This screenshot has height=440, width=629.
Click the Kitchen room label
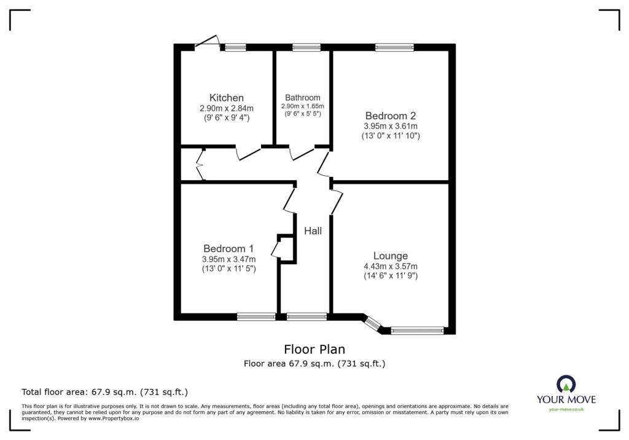point(227,98)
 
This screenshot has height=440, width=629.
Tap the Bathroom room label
point(302,98)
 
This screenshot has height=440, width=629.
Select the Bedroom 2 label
point(391,116)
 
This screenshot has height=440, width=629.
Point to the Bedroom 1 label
point(229,249)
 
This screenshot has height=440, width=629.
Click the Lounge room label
point(390,256)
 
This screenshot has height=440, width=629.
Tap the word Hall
point(313,231)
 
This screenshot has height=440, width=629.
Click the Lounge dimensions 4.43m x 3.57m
point(390,267)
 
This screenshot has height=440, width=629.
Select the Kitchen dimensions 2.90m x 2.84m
point(227,108)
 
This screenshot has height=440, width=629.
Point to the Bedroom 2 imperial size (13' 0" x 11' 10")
point(391,136)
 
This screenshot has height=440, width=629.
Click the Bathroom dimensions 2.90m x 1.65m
point(302,106)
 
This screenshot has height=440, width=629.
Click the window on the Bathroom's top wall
point(307,47)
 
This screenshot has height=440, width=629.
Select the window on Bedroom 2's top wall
point(394,47)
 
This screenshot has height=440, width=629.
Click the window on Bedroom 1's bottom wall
point(256,317)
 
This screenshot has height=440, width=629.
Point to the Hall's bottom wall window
point(307,317)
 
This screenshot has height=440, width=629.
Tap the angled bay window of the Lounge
point(373,323)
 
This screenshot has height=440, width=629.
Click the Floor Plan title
point(314,350)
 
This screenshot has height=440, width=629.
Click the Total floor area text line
point(104,391)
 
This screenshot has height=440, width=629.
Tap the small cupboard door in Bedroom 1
point(276,248)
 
